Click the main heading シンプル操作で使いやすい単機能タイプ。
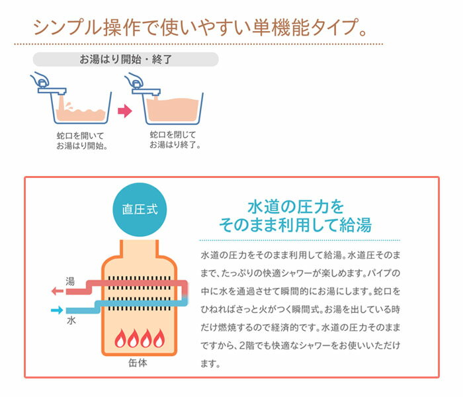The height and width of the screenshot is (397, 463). point(198,28)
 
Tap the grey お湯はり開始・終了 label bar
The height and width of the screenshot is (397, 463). point(126,59)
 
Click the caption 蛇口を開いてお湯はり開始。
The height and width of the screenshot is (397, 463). point(82,140)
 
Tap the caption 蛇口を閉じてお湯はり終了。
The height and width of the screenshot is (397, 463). point(175,140)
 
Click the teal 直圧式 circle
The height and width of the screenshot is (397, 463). point(140,209)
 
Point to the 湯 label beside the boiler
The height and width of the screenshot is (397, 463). point(70,282)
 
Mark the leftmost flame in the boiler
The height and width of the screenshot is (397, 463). point(120,339)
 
